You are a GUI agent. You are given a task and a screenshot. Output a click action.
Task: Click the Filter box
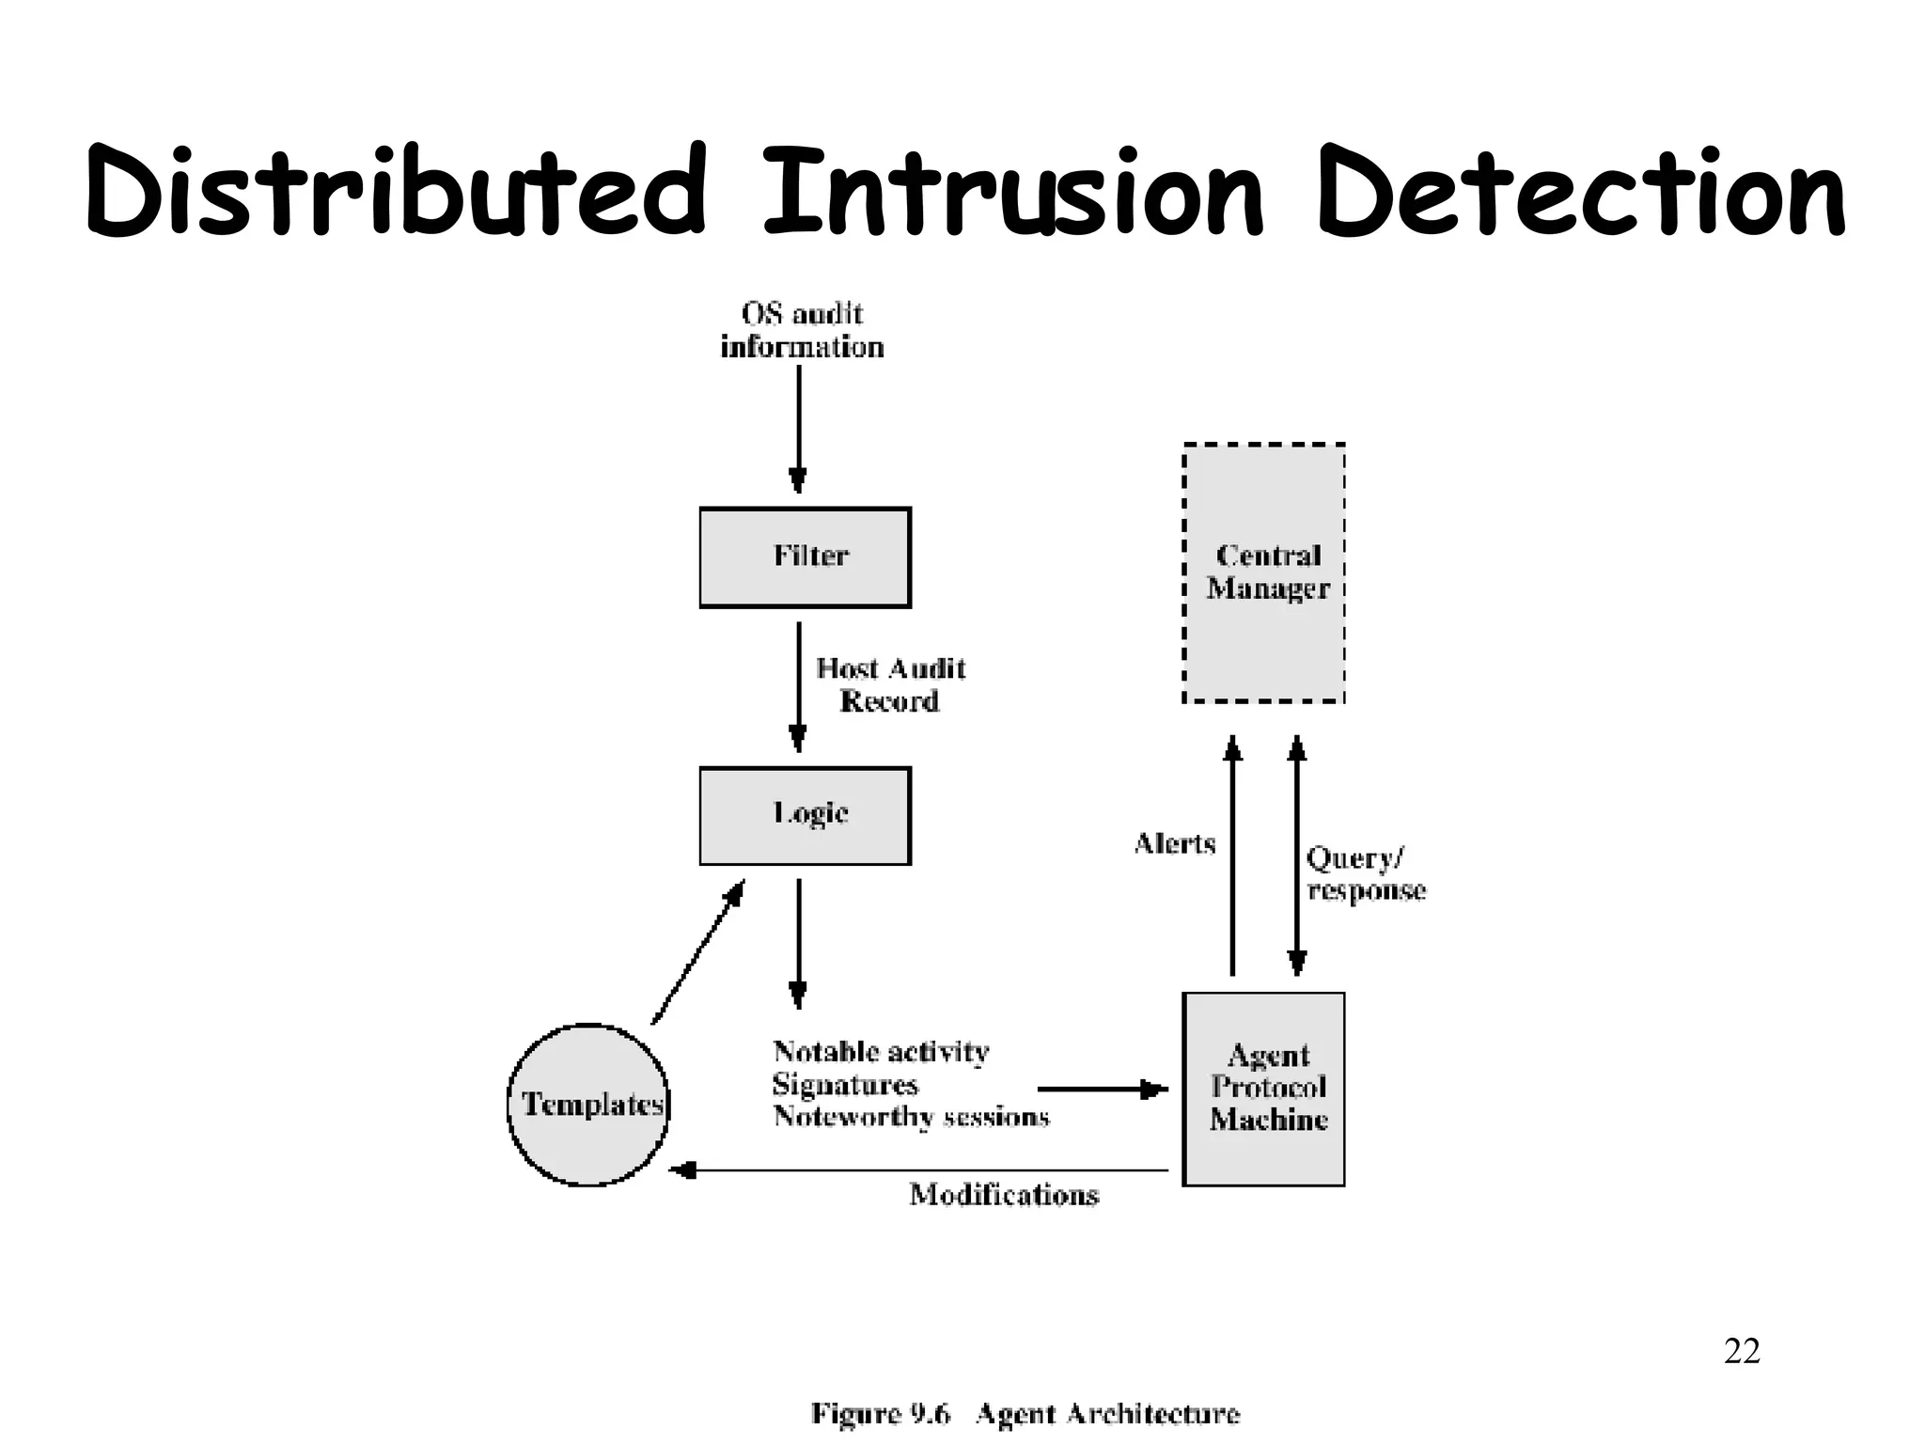tap(805, 557)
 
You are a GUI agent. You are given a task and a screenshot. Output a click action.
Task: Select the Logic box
tap(805, 816)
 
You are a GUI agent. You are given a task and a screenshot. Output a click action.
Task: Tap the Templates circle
tap(588, 1105)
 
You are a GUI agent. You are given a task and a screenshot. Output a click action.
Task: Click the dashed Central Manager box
tap(1263, 573)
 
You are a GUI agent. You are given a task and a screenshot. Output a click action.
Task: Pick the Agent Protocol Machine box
tap(1263, 1089)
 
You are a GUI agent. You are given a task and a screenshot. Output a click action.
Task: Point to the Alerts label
tap(1175, 843)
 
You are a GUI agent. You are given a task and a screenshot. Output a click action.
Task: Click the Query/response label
tap(1365, 874)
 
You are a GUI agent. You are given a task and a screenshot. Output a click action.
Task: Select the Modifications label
tap(1004, 1195)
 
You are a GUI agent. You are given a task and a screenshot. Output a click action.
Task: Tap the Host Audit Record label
tap(889, 684)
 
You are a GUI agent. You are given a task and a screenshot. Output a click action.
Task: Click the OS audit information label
tap(802, 330)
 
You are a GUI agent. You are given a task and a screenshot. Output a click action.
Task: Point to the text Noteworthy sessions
tap(911, 1117)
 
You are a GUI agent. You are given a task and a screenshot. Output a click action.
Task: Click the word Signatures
tap(844, 1085)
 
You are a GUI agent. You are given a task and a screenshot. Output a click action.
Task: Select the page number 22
tap(1742, 1351)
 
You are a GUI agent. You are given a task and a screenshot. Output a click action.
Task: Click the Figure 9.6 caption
tap(1025, 1414)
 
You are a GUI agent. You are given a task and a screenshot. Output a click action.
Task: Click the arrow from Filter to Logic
tap(798, 686)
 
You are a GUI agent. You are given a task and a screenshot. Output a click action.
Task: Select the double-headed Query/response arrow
tap(1297, 855)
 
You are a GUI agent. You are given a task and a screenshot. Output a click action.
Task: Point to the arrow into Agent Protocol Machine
tap(1102, 1090)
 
